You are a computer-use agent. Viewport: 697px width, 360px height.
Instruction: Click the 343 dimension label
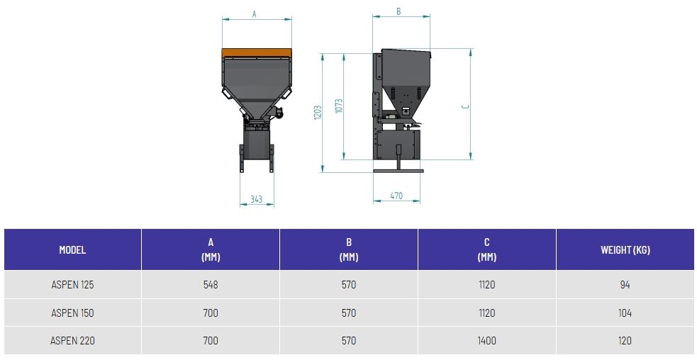pos(256,199)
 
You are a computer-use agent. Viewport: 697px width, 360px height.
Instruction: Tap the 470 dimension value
pos(396,196)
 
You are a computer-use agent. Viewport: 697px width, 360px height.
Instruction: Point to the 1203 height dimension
pos(318,113)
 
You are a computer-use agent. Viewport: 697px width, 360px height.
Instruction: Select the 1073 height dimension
pos(339,106)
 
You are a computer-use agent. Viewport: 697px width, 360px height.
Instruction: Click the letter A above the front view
pos(255,14)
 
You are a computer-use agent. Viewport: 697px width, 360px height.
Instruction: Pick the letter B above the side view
pos(398,11)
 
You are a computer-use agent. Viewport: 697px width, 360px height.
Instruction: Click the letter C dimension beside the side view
pos(465,107)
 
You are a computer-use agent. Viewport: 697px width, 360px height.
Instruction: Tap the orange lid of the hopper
pos(257,53)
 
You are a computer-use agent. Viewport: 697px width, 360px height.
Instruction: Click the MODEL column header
pos(72,249)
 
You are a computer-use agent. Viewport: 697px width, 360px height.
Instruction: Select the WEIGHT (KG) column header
pos(625,249)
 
